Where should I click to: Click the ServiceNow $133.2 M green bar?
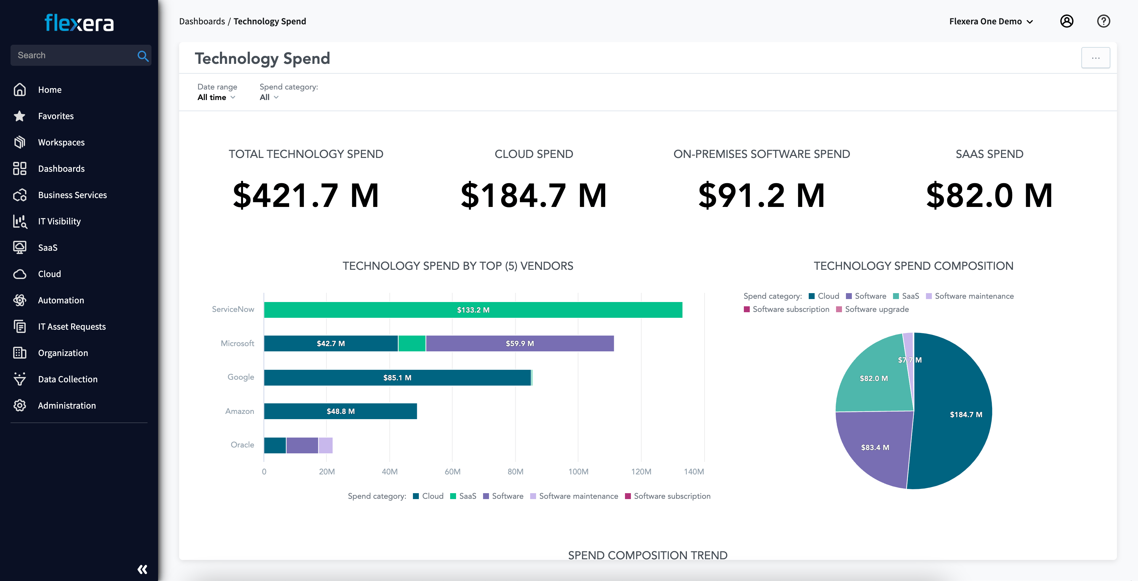[473, 310]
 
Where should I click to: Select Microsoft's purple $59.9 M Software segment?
[520, 343]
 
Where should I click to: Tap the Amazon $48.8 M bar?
[340, 411]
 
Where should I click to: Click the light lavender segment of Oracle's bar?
[326, 445]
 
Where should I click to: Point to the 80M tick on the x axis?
[515, 471]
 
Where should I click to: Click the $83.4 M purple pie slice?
[875, 447]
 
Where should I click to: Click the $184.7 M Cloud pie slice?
[966, 415]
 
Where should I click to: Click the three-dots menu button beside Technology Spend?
[1095, 58]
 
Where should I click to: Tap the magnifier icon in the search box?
[143, 56]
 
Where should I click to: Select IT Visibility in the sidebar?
[59, 221]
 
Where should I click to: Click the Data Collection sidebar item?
[68, 379]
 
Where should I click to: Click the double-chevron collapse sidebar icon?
[142, 569]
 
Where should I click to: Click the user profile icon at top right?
[1067, 21]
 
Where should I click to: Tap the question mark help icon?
[1103, 21]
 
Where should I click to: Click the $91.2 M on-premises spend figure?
[761, 195]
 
